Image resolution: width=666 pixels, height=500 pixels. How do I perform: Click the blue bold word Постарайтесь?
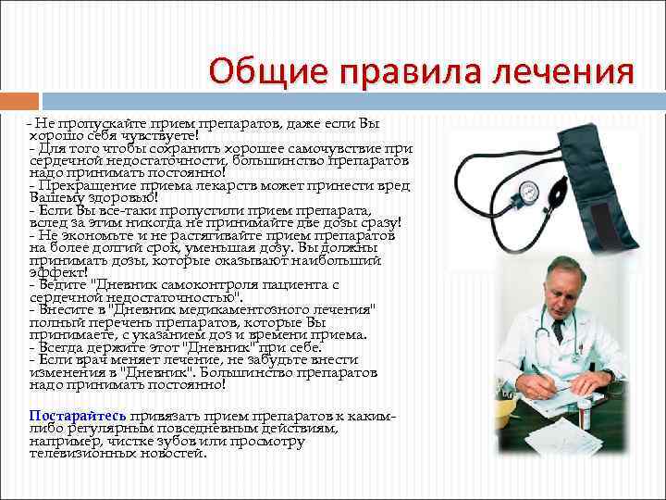(x=78, y=417)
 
